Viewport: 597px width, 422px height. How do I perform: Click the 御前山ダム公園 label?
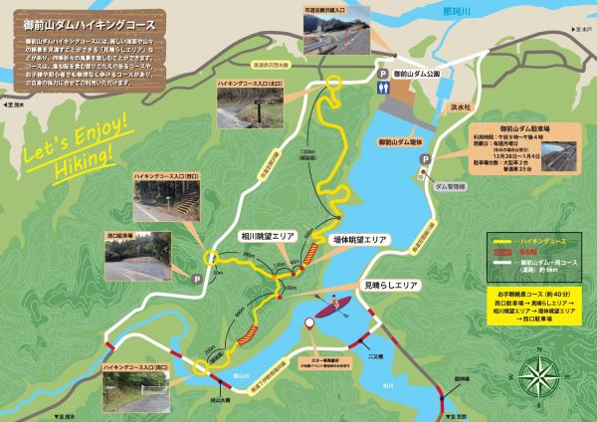pos(418,73)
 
